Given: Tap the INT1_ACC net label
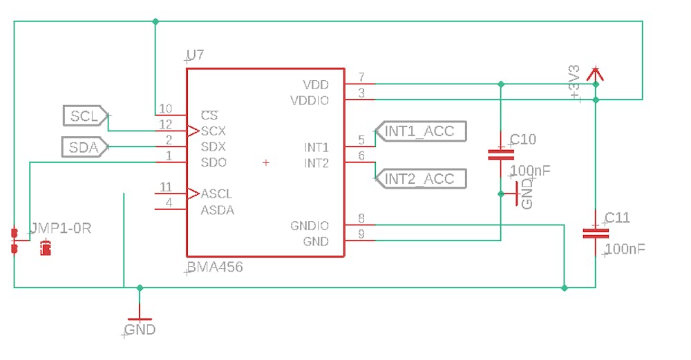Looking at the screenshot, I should click(x=419, y=131).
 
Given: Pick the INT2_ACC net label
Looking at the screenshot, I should click(x=419, y=179).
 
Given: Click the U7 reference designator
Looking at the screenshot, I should click(x=196, y=55).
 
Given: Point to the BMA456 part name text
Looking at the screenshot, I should click(x=216, y=267).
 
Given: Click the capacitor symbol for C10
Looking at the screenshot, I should click(x=501, y=154).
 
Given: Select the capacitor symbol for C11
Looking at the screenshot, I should click(x=595, y=233).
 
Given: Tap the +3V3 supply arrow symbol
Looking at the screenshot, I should click(x=595, y=73).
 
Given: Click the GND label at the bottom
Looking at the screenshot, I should click(x=140, y=330).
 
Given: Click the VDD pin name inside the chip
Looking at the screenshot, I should click(x=316, y=85).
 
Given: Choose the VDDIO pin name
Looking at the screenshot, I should click(x=310, y=101).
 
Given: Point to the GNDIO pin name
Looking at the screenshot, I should click(x=310, y=226).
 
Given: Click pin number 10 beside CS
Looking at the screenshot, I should click(x=165, y=108).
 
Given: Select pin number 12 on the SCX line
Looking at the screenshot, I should click(x=165, y=124).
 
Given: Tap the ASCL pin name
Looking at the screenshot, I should click(x=217, y=194).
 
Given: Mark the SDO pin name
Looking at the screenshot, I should click(x=214, y=163).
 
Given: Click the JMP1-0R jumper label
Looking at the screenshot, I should click(x=60, y=228).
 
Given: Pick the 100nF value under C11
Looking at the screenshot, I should click(x=625, y=249).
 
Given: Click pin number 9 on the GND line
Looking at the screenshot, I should click(x=361, y=235).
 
